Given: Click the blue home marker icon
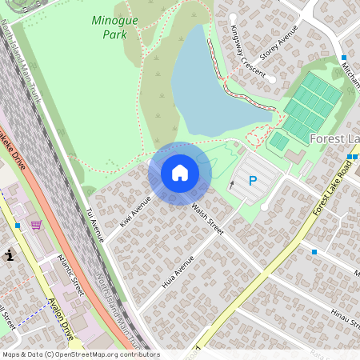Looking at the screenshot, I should click(180, 173).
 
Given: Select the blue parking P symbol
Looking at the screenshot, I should click(253, 182).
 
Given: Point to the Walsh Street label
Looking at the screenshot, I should click(207, 218).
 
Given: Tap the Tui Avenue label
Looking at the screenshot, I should click(95, 225).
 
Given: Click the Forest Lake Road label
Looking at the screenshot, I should click(332, 191).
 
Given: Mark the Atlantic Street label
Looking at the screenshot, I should click(71, 275).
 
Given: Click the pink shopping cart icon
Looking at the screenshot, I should click(36, 226).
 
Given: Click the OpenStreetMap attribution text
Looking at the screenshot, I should click(80, 354).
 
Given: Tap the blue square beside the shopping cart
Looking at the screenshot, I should click(18, 226).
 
